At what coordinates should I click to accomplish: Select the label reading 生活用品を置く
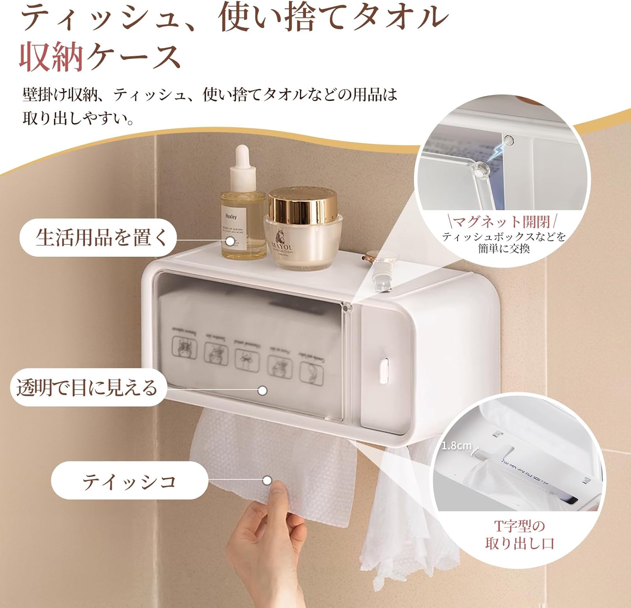[x=101, y=237]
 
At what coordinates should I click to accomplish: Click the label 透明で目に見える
[x=87, y=387]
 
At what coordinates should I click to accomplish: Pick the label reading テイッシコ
[x=129, y=480]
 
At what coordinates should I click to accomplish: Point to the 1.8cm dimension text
[x=456, y=445]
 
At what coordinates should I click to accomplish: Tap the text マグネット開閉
[x=502, y=221]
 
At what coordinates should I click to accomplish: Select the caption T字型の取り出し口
[x=520, y=534]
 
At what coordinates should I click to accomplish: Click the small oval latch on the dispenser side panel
[x=384, y=369]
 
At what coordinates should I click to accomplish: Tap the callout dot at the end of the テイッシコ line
[x=267, y=480]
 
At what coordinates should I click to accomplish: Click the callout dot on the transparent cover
[x=262, y=390]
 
